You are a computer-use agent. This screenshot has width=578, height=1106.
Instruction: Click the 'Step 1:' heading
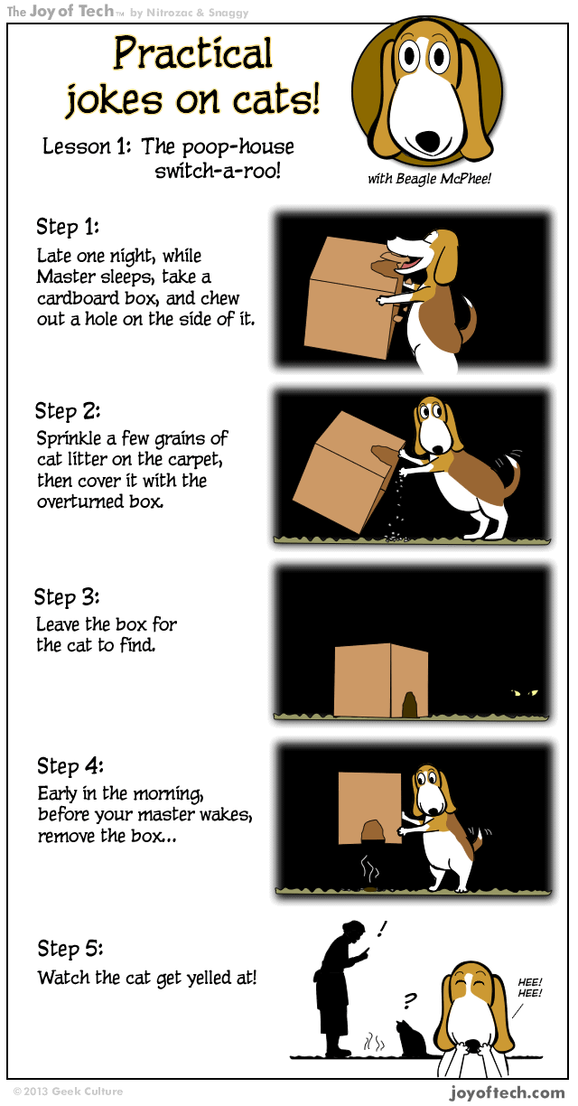pyautogui.click(x=68, y=226)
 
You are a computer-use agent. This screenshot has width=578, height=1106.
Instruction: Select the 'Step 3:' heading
pyautogui.click(x=67, y=597)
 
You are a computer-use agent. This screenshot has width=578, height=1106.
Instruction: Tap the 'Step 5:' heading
pyautogui.click(x=70, y=949)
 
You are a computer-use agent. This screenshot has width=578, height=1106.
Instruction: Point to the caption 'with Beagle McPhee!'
pyautogui.click(x=429, y=178)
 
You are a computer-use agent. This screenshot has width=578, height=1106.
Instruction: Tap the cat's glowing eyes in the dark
pyautogui.click(x=525, y=693)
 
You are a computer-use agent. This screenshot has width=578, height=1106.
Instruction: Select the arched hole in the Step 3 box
pyautogui.click(x=410, y=705)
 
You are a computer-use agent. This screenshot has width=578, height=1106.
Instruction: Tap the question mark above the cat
pyautogui.click(x=410, y=1000)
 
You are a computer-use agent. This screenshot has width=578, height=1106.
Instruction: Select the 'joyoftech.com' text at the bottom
pyautogui.click(x=508, y=1092)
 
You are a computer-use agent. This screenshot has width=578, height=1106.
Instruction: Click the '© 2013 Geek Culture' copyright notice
pyautogui.click(x=68, y=1092)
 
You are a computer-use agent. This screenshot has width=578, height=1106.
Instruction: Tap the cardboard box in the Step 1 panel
pyautogui.click(x=348, y=298)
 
